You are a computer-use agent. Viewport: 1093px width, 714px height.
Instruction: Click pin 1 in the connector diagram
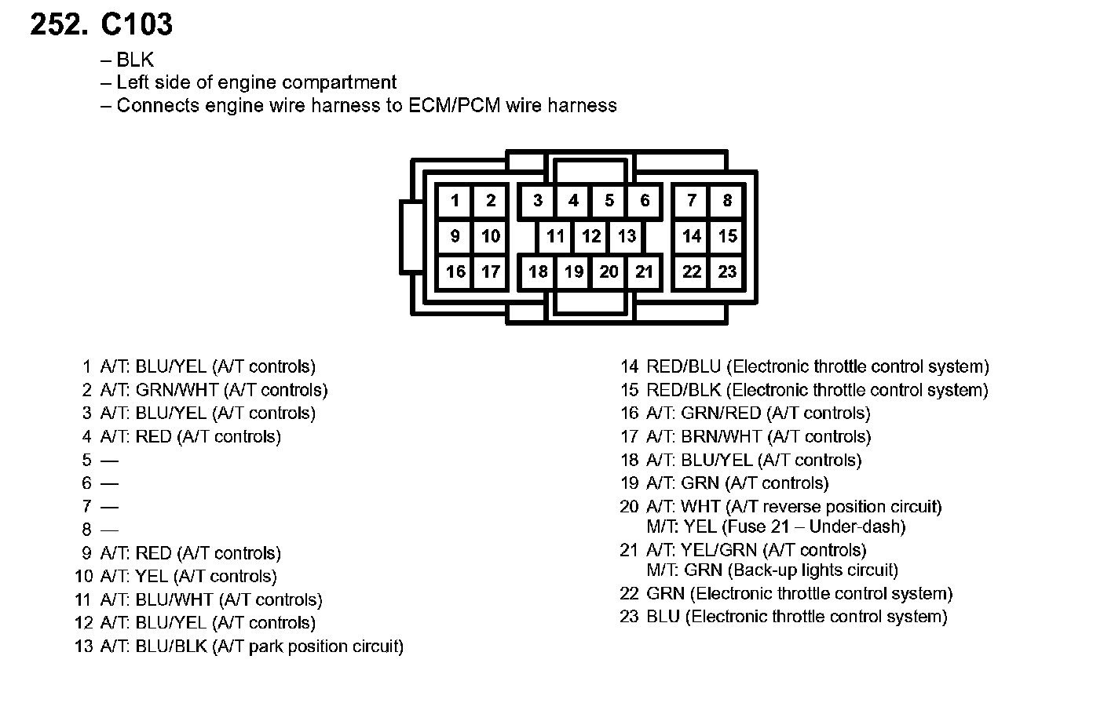(x=455, y=201)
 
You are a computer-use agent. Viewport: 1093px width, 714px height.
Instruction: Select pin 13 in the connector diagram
(x=627, y=236)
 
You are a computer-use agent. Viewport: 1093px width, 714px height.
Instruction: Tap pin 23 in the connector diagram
(x=727, y=271)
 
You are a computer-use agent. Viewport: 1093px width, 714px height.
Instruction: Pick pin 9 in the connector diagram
(x=455, y=236)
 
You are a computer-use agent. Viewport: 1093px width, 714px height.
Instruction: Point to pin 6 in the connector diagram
(x=645, y=201)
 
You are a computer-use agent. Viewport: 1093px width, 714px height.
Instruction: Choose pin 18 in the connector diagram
(x=538, y=271)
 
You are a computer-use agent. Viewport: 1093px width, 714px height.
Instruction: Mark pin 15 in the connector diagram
(x=727, y=236)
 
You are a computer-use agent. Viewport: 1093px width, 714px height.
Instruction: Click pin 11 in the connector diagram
(x=556, y=236)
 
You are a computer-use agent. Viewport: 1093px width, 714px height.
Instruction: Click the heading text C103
(x=137, y=25)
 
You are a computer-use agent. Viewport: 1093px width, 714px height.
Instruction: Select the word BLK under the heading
(x=135, y=60)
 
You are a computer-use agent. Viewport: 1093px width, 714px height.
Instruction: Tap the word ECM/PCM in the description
(x=455, y=106)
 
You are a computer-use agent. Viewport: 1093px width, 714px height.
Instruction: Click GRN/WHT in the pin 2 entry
(x=177, y=390)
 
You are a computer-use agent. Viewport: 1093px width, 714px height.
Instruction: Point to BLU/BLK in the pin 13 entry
(x=171, y=647)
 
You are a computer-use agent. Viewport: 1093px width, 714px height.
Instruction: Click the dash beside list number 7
(x=109, y=507)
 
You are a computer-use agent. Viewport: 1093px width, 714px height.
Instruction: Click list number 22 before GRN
(x=630, y=594)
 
